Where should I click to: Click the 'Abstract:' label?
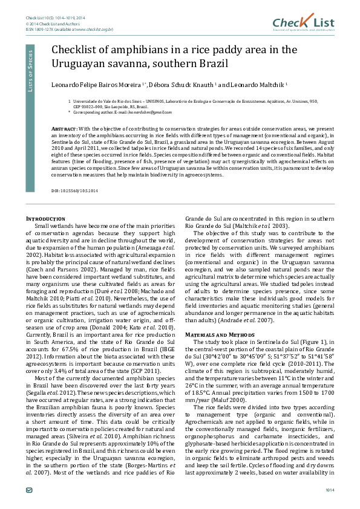click(x=64, y=129)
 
